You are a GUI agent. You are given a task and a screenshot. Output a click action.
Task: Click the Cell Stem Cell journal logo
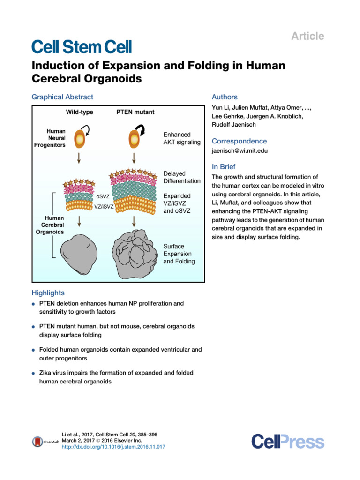82,47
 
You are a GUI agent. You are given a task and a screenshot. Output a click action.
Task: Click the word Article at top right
308,36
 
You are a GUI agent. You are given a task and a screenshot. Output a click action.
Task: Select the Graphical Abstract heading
62,97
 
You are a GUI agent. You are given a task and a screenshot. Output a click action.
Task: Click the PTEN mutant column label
135,112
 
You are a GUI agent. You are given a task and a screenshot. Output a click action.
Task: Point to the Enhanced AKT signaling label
182,138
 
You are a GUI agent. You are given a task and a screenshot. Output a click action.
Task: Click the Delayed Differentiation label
182,177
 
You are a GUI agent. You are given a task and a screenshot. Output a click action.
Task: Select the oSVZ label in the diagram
103,197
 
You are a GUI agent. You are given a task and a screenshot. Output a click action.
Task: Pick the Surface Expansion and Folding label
179,254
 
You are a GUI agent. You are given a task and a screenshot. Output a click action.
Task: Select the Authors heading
225,97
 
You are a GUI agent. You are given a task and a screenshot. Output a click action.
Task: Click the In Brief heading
224,167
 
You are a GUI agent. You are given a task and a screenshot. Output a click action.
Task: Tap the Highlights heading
48,293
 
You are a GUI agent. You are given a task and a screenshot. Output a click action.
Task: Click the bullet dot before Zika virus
34,374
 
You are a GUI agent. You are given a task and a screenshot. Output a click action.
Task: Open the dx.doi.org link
113,447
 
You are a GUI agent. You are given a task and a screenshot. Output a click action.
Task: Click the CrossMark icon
37,441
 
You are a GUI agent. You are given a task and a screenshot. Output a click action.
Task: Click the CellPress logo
287,442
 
